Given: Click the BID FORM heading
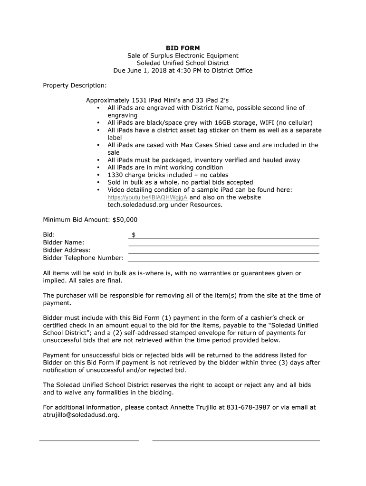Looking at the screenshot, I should click(183, 48).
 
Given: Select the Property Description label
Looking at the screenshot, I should click(75, 85).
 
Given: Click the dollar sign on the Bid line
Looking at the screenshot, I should click(134, 234).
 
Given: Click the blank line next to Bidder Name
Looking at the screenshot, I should click(223, 245).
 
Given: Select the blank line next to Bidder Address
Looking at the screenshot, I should click(223, 253).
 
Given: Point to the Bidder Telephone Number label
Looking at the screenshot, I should click(83, 258).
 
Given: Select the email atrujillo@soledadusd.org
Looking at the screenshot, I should click(81, 415).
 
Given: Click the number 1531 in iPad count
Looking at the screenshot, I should click(139, 101).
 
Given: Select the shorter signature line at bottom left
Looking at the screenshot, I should click(89, 440).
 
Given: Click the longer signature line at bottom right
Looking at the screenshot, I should click(236, 440).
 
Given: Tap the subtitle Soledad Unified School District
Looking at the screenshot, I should click(183, 63).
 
